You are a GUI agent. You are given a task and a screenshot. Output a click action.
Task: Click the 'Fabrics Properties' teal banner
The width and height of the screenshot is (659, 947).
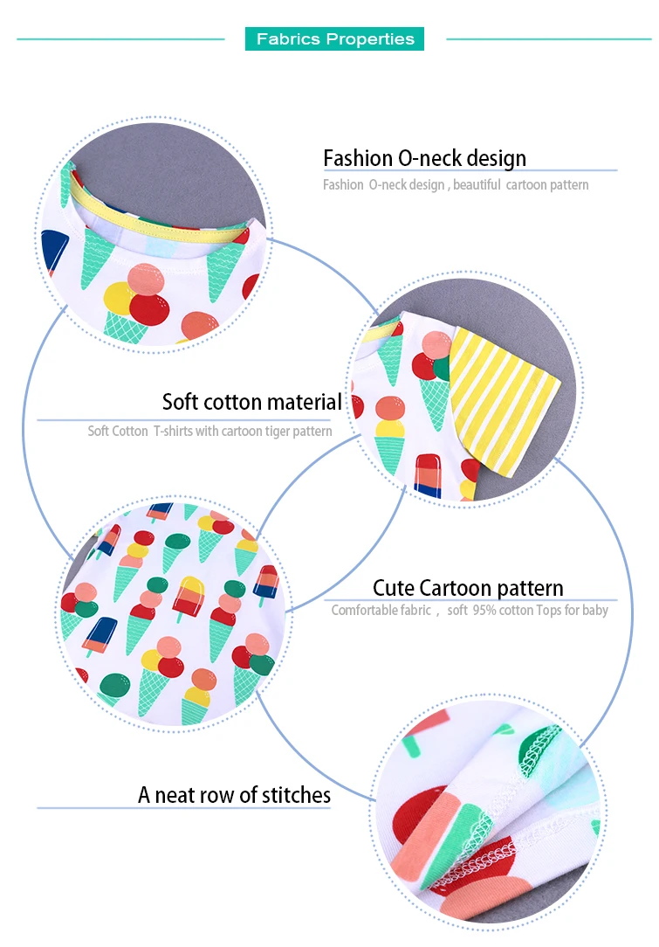pyautogui.click(x=334, y=38)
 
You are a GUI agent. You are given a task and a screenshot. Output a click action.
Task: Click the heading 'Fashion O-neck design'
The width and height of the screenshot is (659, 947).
pyautogui.click(x=425, y=158)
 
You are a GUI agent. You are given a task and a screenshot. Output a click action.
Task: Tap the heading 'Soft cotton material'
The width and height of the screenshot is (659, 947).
pyautogui.click(x=251, y=402)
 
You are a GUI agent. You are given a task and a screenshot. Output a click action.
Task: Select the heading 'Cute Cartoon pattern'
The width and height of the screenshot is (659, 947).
pyautogui.click(x=468, y=588)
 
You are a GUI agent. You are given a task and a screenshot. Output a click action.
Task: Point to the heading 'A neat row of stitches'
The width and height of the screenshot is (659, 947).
pyautogui.click(x=234, y=795)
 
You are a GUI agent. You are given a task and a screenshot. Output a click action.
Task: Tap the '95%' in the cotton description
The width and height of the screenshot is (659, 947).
pyautogui.click(x=484, y=610)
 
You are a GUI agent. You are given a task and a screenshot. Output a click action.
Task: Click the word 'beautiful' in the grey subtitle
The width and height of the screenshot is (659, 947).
pyautogui.click(x=477, y=185)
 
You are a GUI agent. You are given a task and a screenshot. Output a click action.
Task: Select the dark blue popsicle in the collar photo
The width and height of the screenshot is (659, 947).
pyautogui.click(x=54, y=251)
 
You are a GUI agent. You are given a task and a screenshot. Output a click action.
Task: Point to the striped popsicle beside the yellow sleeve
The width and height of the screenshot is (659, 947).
pyautogui.click(x=428, y=476)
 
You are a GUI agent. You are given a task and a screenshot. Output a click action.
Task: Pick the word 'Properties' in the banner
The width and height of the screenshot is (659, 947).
pyautogui.click(x=370, y=39)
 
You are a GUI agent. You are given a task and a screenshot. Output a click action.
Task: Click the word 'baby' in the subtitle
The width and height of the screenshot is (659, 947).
pyautogui.click(x=595, y=610)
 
